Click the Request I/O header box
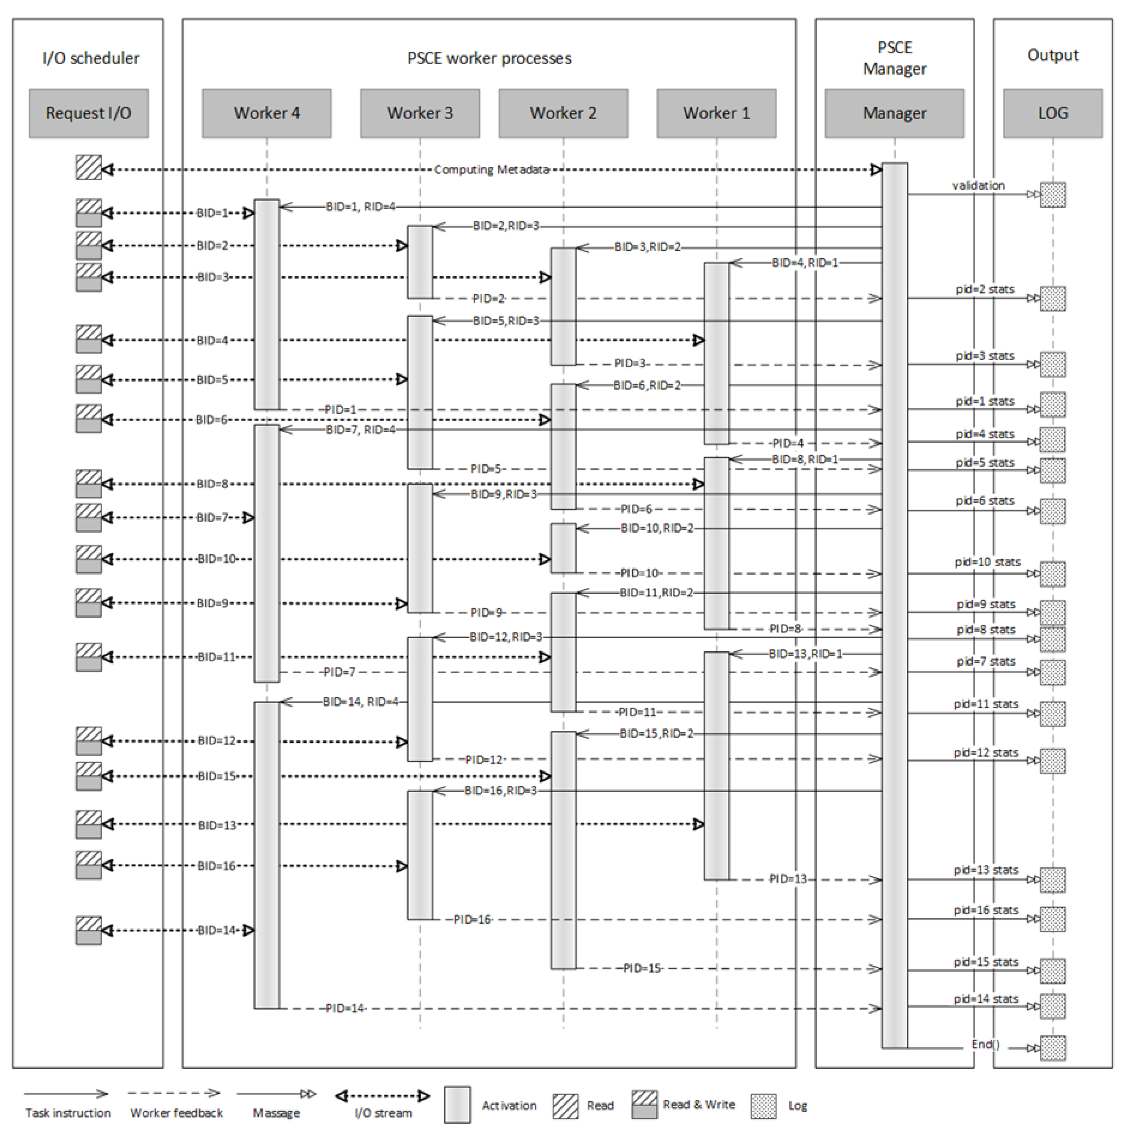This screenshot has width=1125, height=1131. (x=88, y=113)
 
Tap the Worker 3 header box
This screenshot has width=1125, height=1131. (x=420, y=113)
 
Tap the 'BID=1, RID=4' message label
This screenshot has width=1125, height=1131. (x=360, y=207)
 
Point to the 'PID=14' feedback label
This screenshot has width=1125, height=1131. (x=345, y=1008)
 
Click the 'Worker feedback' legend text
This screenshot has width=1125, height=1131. (x=176, y=1113)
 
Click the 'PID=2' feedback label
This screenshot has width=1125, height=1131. (x=488, y=299)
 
